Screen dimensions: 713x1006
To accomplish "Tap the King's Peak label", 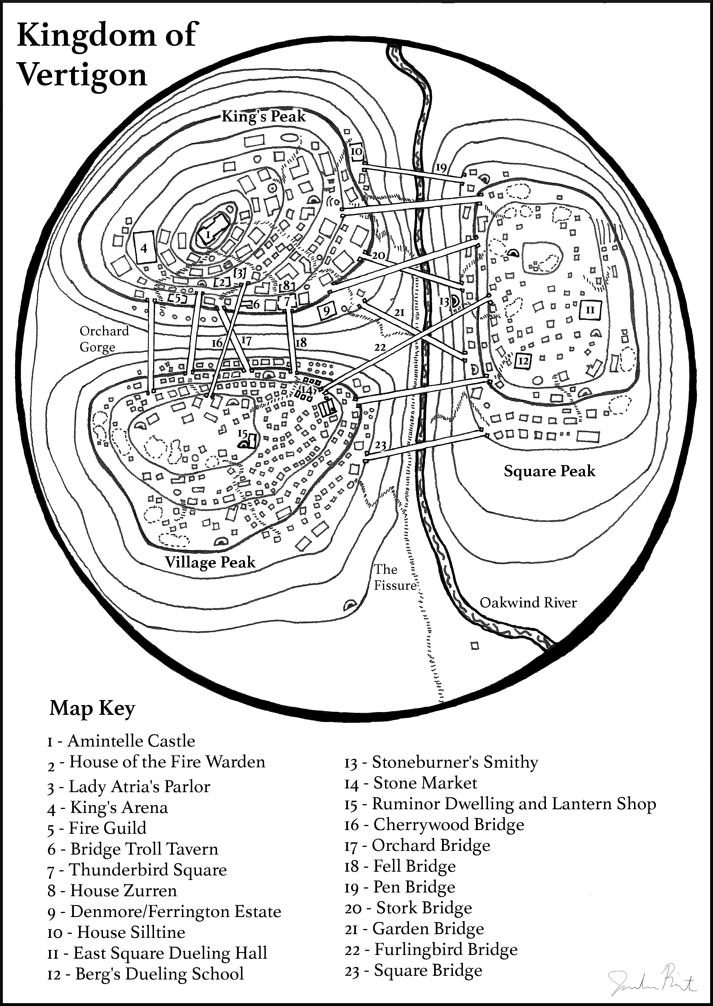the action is click(x=264, y=116).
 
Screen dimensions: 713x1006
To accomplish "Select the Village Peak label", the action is click(x=210, y=563).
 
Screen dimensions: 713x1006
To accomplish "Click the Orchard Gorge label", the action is click(x=104, y=339).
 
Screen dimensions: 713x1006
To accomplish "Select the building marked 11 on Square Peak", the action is click(x=591, y=310).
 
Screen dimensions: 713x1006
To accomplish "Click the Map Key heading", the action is click(x=92, y=708).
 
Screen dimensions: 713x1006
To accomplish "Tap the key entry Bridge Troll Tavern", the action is click(x=133, y=849).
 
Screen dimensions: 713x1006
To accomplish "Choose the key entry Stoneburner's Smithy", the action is click(x=441, y=762).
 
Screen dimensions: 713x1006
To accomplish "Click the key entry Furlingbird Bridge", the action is click(x=431, y=949).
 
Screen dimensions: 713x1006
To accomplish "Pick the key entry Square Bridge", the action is click(x=414, y=970).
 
